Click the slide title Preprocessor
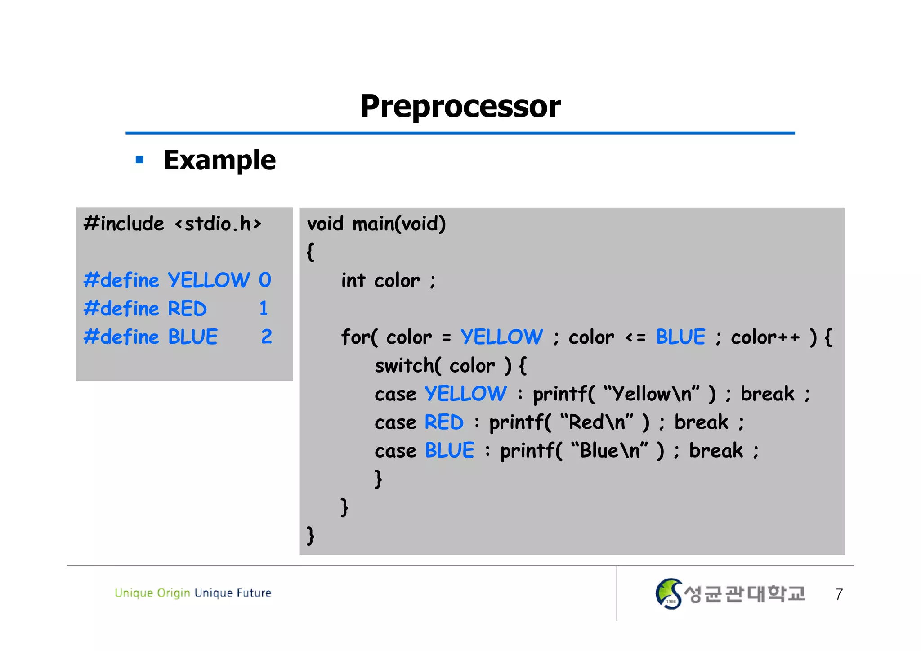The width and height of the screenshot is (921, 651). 460,107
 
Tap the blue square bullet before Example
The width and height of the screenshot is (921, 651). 139,160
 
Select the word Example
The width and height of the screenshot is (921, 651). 219,160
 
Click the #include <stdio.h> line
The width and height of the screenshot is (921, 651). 172,224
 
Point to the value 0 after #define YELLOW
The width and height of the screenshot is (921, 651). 265,280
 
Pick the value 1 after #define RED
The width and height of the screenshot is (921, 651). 264,309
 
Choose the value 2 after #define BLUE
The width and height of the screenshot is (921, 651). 266,337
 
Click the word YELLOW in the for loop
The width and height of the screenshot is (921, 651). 501,337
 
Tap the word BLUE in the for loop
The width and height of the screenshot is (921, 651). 680,337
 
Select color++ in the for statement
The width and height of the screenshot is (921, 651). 765,337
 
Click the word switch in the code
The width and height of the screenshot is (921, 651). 404,365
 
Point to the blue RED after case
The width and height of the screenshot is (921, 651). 444,422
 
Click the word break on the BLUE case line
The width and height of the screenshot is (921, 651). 716,450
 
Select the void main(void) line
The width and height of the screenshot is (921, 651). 376,224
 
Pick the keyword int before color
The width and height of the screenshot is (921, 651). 353,280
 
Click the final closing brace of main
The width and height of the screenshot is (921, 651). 310,535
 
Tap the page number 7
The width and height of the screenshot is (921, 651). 839,594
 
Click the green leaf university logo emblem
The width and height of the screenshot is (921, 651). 668,593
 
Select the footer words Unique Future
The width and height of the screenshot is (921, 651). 233,593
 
